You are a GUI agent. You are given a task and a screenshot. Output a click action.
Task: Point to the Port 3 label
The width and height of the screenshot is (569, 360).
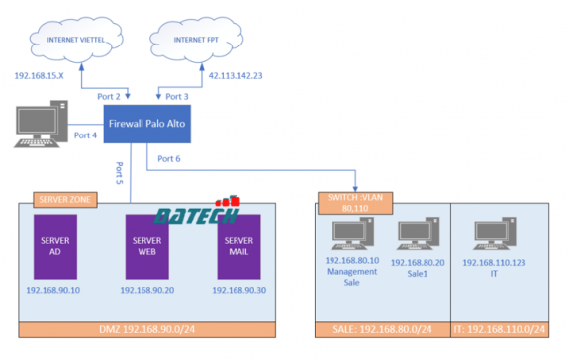tap(175, 97)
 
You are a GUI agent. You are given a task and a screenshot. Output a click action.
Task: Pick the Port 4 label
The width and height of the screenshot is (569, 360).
tap(86, 135)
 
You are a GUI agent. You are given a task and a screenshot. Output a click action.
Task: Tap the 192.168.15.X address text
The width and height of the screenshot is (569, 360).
tap(40, 74)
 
